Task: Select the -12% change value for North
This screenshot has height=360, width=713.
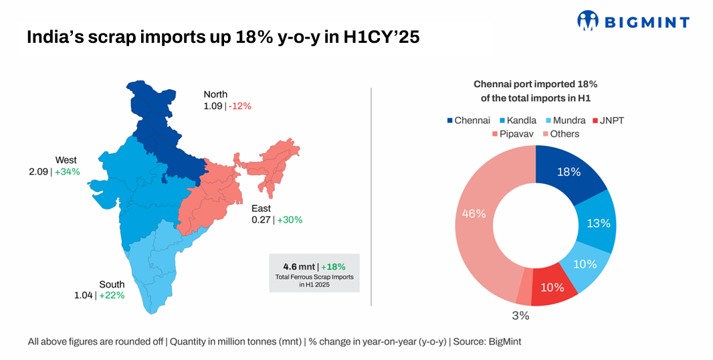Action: click(x=239, y=106)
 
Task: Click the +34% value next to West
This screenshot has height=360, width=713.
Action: click(x=68, y=172)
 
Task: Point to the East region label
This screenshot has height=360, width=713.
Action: click(x=262, y=208)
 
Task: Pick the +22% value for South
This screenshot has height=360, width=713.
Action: click(x=112, y=296)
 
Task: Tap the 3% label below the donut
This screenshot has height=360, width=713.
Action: click(x=521, y=315)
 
